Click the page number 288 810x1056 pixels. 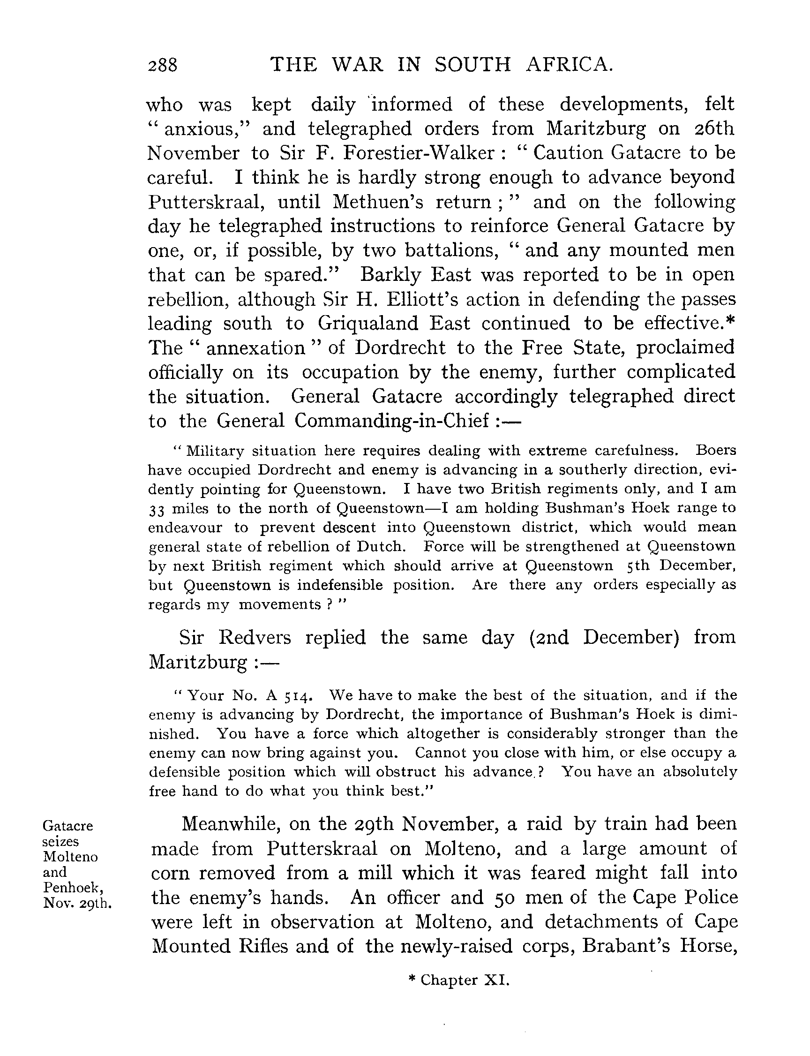coord(163,65)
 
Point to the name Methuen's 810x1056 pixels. coord(377,202)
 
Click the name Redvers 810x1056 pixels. coord(255,638)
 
